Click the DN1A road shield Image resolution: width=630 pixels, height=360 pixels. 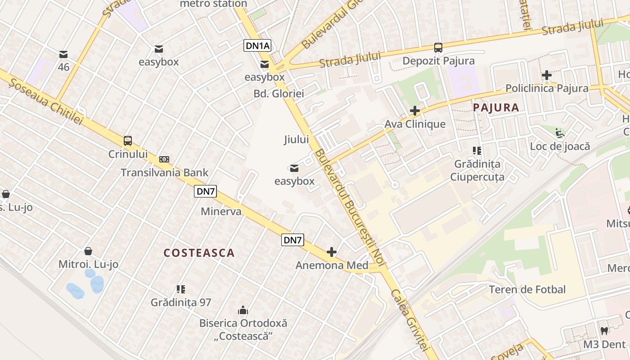pos(257,45)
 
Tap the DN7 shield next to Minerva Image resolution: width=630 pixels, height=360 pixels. pos(206,191)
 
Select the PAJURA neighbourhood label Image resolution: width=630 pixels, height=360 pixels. pos(496,108)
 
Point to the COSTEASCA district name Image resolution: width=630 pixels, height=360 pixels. pos(199,253)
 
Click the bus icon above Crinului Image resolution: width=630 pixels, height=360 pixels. pos(128,141)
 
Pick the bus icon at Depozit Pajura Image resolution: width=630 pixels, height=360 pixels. pos(438,48)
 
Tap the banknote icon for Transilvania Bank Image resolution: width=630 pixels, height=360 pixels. pos(164,159)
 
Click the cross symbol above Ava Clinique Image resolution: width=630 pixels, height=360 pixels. pos(415,111)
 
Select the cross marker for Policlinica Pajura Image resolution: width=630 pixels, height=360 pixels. pos(547,75)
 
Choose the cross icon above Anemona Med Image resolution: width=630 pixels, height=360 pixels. pos(332,252)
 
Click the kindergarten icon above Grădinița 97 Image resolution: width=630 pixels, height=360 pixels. pos(181,289)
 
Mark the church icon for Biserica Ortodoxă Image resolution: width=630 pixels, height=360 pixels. pos(243,310)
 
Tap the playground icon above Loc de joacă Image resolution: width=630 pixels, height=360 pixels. pos(560,133)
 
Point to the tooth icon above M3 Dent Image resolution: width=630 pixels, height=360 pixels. pos(604,331)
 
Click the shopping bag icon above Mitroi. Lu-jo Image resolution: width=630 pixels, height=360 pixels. pos(88,251)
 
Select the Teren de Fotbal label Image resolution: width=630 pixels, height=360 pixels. pos(527,289)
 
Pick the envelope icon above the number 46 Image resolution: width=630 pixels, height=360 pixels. pos(63,55)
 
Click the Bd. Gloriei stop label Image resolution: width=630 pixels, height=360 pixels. pos(279,94)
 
